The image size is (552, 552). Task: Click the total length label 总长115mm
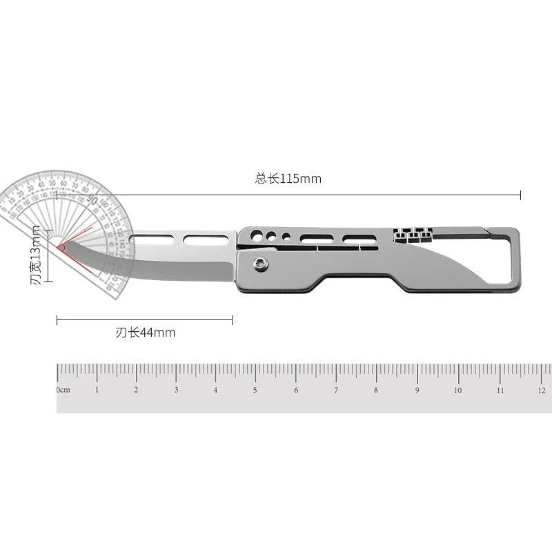pos(288,179)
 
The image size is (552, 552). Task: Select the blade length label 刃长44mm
pos(145,333)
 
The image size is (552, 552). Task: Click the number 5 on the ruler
pos(255,390)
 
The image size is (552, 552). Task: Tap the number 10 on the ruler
pos(457,390)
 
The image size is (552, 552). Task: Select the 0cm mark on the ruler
pos(63,390)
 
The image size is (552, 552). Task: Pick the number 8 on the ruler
pos(376,390)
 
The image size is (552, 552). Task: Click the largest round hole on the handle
pos(256,233)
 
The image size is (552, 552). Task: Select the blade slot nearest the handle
pos(200,239)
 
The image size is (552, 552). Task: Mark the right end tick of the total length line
pos(520,196)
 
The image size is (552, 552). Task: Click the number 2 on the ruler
pos(136,390)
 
